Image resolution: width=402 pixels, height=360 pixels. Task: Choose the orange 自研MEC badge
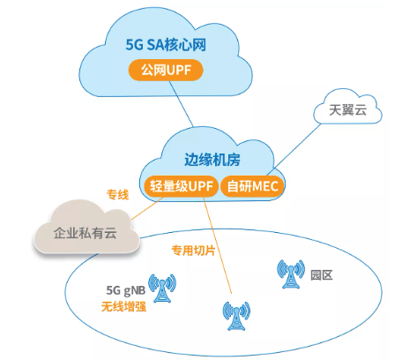254,186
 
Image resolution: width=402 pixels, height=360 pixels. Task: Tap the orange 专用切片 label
193,250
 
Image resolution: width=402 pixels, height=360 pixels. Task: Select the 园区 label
321,274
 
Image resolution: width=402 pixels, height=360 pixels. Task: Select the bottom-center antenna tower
234,316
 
